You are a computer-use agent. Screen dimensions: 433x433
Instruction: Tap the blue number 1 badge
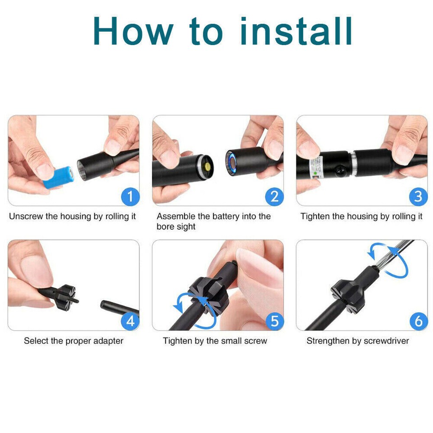coord(130,197)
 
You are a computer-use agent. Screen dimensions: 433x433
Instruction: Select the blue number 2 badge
coord(275,197)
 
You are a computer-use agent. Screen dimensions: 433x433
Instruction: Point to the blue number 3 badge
coord(419,197)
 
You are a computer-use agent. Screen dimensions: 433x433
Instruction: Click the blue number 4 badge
coord(130,321)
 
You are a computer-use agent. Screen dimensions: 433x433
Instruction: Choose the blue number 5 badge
coord(275,321)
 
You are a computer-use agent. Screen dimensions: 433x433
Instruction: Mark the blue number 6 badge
coord(419,321)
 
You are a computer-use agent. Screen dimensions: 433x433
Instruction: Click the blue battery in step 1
coord(59,177)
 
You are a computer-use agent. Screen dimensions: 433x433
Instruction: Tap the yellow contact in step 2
coord(207,166)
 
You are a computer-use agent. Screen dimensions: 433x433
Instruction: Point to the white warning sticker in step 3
coord(317,167)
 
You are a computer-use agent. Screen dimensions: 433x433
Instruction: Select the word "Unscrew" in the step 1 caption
coord(26,216)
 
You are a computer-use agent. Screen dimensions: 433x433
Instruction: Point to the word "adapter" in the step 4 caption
coord(108,341)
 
